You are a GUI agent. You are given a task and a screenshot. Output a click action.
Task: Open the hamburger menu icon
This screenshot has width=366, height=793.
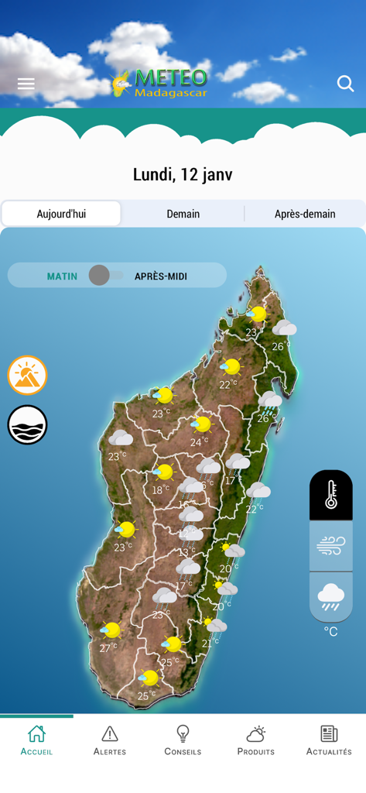coord(26,84)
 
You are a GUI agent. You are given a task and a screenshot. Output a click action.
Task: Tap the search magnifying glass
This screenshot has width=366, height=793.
coord(345,84)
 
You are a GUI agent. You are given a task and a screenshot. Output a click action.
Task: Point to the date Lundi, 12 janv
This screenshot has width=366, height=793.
coord(183,174)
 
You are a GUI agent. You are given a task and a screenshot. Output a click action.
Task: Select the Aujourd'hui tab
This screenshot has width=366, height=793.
coord(61,214)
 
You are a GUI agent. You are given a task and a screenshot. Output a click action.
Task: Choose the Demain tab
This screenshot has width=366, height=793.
coord(183,214)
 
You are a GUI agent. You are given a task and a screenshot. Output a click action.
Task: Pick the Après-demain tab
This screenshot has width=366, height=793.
coord(305,214)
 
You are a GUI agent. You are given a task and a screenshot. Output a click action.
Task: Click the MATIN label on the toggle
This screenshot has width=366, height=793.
coord(62,276)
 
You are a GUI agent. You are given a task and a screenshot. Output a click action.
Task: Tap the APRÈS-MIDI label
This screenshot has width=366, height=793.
coord(161,276)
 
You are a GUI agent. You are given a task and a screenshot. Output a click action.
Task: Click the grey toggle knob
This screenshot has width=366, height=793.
coord(99,275)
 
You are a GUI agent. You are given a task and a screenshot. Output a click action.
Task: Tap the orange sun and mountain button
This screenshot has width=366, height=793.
coord(28,376)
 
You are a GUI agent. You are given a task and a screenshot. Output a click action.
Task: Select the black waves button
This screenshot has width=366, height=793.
coord(28,424)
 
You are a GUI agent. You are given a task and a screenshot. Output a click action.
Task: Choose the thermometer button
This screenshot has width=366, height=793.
coord(331,494)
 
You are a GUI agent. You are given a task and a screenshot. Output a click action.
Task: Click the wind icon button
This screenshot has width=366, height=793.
coord(331,546)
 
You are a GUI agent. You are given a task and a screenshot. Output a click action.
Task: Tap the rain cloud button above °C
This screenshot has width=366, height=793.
coord(331,596)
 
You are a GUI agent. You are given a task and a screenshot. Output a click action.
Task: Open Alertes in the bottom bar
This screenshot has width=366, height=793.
coord(110,740)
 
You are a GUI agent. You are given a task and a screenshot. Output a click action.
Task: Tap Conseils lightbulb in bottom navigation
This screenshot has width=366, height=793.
coord(183,740)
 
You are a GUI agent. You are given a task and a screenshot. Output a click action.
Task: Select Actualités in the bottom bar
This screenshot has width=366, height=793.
coord(329,740)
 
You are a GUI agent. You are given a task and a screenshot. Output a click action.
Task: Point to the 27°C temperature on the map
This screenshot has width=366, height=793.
coord(108,647)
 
